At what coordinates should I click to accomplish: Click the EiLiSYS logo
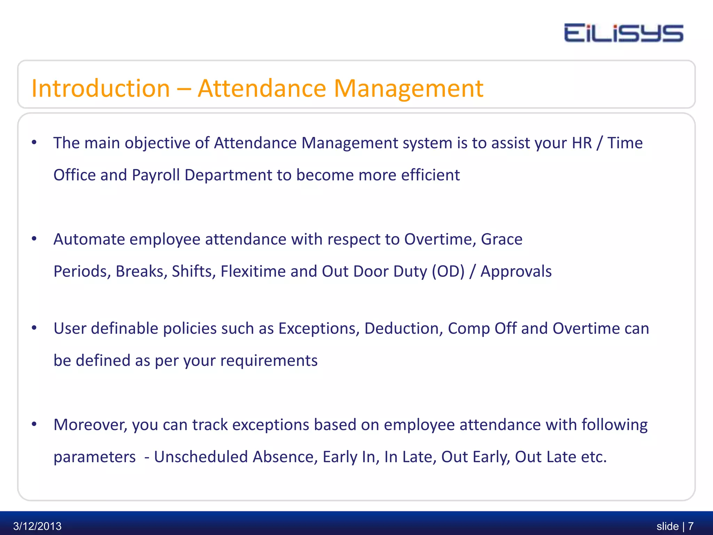tap(624, 33)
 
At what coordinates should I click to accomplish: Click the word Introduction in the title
tap(101, 88)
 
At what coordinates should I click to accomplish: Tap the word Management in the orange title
tap(408, 88)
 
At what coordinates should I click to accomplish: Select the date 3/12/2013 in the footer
tap(37, 526)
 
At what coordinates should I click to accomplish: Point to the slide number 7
tap(691, 526)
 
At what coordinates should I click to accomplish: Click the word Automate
tap(89, 240)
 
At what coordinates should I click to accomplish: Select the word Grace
tap(501, 240)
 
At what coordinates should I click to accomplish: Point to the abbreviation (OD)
tap(448, 272)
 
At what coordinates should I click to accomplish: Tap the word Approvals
tap(516, 272)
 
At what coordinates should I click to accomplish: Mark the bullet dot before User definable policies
tap(34, 328)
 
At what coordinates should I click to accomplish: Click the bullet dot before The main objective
tap(34, 142)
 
